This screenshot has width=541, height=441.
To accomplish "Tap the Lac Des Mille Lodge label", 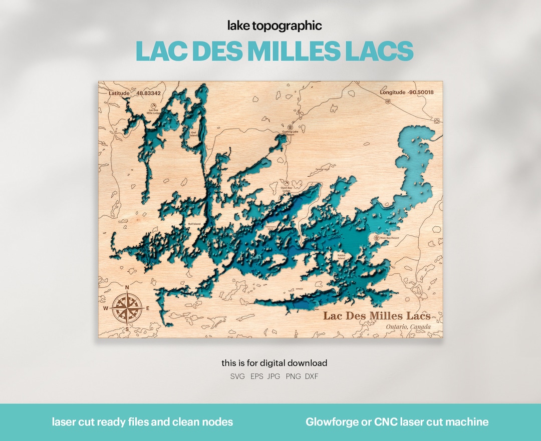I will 153,112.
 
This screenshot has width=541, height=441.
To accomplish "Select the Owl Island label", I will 193,133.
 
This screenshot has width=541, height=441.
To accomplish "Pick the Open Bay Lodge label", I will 287,189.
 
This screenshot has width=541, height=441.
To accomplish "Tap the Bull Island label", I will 194,224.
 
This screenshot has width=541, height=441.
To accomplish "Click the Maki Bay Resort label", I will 389,238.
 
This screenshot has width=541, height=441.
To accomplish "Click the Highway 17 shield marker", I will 388,101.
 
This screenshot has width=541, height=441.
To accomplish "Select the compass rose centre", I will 127,307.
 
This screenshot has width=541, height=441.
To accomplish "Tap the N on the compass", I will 127,287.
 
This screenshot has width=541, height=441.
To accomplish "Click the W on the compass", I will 106,308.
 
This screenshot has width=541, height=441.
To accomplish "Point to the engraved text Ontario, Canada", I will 408,327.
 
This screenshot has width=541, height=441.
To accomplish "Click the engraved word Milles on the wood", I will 387,315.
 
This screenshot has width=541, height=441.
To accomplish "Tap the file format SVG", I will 237,376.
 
